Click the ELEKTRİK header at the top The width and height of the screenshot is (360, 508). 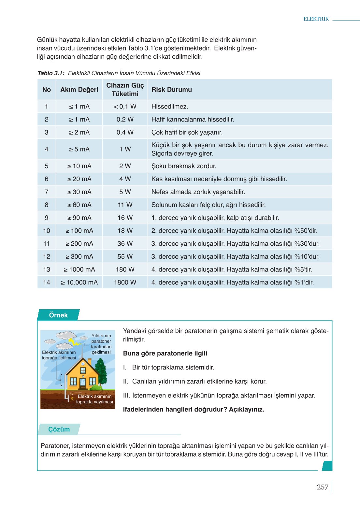click(x=316, y=19)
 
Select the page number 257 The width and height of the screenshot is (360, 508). click(x=322, y=487)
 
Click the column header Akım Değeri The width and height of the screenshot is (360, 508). click(x=79, y=90)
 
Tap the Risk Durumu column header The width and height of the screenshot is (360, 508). click(x=172, y=90)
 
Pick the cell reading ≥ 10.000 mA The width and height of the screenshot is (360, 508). click(x=79, y=283)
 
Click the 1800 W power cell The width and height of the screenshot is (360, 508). click(x=125, y=283)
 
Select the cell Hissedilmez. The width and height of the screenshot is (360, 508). click(x=170, y=107)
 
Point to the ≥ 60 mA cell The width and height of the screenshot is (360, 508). click(x=79, y=205)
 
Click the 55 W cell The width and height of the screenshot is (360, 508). click(x=125, y=257)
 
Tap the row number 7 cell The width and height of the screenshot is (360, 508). click(x=47, y=192)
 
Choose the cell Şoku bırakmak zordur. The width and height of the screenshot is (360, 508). click(x=184, y=166)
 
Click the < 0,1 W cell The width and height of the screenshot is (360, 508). click(x=125, y=107)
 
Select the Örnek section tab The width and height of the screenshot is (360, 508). click(x=58, y=315)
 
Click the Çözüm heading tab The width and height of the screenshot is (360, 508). click(x=59, y=429)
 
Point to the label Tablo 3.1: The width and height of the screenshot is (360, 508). click(x=51, y=73)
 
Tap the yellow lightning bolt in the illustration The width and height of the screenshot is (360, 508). click(x=76, y=342)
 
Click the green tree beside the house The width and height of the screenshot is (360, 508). click(x=101, y=371)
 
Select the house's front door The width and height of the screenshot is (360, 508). click(x=83, y=383)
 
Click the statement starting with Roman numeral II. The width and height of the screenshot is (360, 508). click(x=195, y=381)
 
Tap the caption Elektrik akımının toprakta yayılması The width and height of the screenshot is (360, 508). click(x=94, y=399)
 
